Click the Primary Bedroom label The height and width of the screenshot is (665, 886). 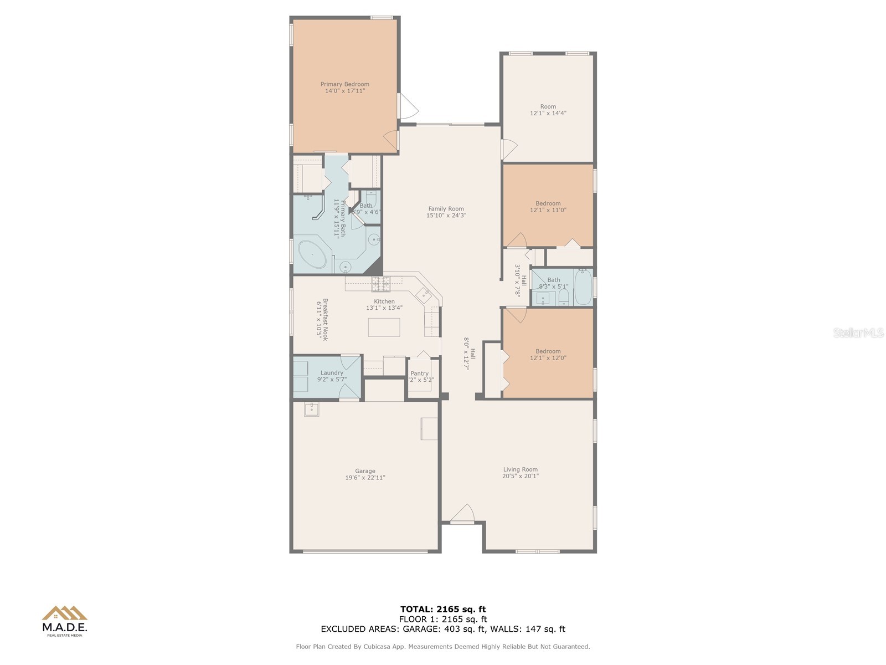pyautogui.click(x=344, y=84)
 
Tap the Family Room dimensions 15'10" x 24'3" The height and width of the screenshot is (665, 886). pyautogui.click(x=446, y=216)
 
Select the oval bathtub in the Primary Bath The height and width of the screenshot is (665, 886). pyautogui.click(x=312, y=255)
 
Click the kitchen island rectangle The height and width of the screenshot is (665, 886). pyautogui.click(x=384, y=327)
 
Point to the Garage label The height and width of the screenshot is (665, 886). pyautogui.click(x=365, y=471)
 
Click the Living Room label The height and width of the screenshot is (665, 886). pyautogui.click(x=520, y=469)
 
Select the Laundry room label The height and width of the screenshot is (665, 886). pyautogui.click(x=331, y=373)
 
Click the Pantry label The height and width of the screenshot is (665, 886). pyautogui.click(x=419, y=374)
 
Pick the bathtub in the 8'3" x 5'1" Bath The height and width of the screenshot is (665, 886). pyautogui.click(x=583, y=287)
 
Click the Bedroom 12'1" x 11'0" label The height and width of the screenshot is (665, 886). pyautogui.click(x=548, y=203)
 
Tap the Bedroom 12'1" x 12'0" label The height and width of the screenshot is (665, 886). pyautogui.click(x=548, y=351)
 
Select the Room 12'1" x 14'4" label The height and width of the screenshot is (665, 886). pyautogui.click(x=548, y=106)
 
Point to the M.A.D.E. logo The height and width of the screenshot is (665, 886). pyautogui.click(x=65, y=621)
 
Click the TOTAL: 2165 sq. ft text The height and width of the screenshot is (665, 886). pyautogui.click(x=442, y=610)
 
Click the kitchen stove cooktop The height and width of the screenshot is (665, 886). pyautogui.click(x=380, y=284)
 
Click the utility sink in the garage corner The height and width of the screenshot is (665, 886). pyautogui.click(x=311, y=410)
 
